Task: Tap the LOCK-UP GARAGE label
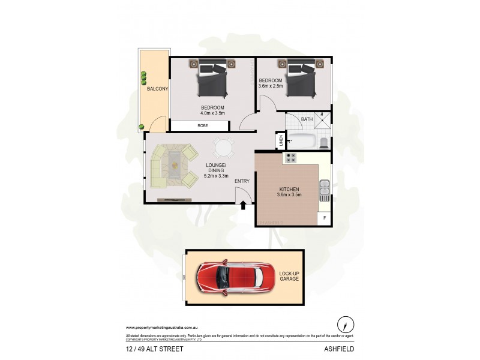click(289, 277)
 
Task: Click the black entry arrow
click(243, 206)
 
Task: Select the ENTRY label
click(242, 181)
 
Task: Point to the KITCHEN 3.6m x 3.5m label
click(289, 192)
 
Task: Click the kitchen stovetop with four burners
click(291, 158)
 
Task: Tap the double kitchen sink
click(325, 190)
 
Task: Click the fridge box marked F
click(325, 217)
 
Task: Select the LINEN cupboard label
click(280, 141)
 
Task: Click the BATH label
click(307, 119)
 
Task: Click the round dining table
click(223, 147)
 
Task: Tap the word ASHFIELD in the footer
click(339, 347)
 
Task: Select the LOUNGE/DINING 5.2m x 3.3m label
click(216, 170)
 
